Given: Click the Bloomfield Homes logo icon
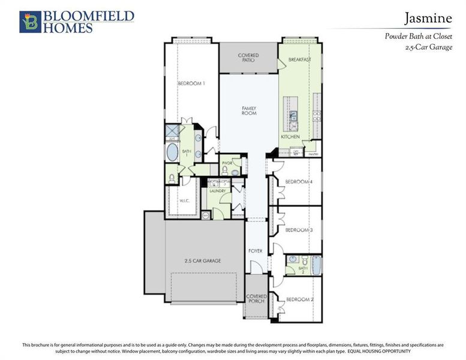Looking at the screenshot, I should pyautogui.click(x=29, y=22).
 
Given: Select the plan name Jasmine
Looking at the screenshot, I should pyautogui.click(x=427, y=18).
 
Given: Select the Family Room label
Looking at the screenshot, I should pyautogui.click(x=249, y=110).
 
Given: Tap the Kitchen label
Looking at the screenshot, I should pyautogui.click(x=290, y=137).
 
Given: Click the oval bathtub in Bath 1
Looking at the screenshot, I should pyautogui.click(x=172, y=153).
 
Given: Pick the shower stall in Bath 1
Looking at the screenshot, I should pyautogui.click(x=172, y=131).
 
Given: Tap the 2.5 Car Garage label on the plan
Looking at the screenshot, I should pyautogui.click(x=202, y=261).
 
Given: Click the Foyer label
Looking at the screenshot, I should pyautogui.click(x=255, y=251).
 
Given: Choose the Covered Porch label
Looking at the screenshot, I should pyautogui.click(x=256, y=299).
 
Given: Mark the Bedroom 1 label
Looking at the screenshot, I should pyautogui.click(x=191, y=83).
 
